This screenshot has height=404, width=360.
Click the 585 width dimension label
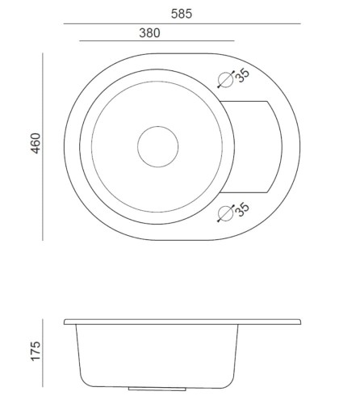click(182, 14)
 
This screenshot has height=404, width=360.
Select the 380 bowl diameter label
click(149, 33)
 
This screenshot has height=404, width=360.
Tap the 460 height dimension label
click(36, 143)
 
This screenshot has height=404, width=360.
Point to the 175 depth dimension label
click(36, 351)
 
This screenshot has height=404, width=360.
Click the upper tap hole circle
click(225, 80)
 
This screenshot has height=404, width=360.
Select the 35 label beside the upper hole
click(242, 75)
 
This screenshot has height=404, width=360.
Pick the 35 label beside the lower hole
click(242, 209)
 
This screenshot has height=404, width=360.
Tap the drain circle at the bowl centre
click(158, 127)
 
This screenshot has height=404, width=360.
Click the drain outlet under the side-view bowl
click(157, 389)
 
